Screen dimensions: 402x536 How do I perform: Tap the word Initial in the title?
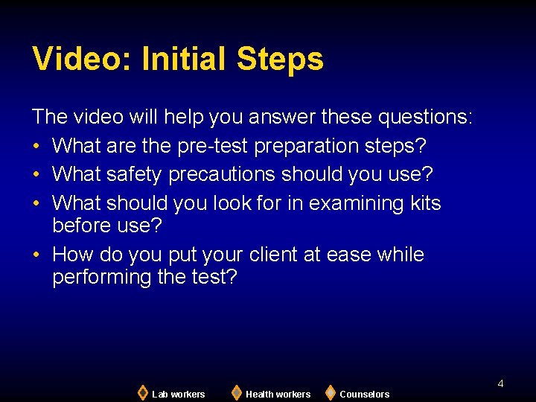coord(182,60)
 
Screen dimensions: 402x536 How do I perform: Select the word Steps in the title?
coord(281,60)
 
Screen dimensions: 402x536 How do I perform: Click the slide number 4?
coord(500,383)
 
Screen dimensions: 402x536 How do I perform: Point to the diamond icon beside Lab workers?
coord(142,392)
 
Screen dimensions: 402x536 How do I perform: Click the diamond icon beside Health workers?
coord(236,392)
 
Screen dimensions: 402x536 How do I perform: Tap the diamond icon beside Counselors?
coord(331,392)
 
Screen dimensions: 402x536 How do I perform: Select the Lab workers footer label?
coord(178,395)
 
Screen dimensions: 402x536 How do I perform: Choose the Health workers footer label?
coord(278,395)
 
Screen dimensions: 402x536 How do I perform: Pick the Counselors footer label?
coord(364,395)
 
